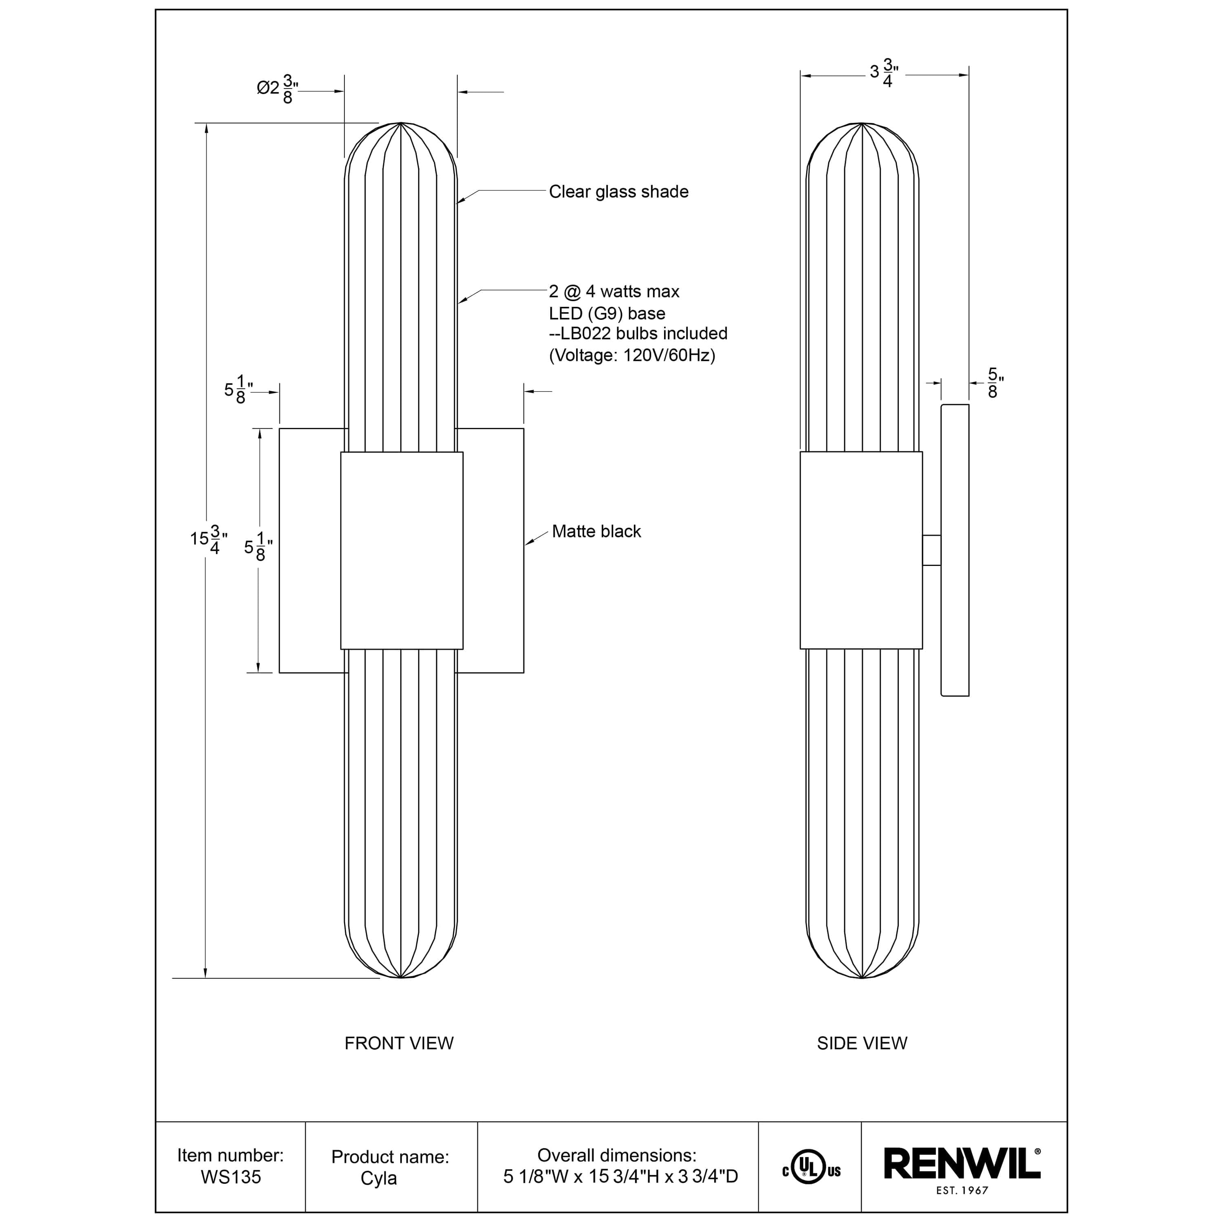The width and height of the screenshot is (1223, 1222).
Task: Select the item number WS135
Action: [x=230, y=1177]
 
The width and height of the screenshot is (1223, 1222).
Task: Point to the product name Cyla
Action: [x=379, y=1178]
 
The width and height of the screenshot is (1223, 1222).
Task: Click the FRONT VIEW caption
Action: [x=399, y=1044]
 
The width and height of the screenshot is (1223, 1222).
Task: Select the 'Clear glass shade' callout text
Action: [x=618, y=192]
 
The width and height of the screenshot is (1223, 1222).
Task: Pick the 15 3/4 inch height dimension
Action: [x=209, y=539]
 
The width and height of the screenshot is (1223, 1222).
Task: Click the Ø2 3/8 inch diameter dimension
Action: [x=277, y=88]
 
